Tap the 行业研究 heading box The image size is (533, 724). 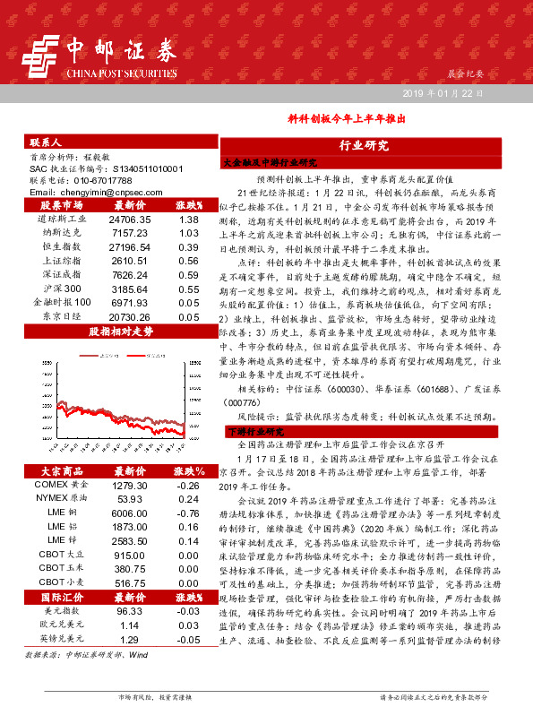[363, 146]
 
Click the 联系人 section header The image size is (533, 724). [45, 142]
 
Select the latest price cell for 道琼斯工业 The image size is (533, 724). [130, 219]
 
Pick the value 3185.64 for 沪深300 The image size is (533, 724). [130, 289]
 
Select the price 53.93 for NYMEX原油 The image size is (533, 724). [130, 498]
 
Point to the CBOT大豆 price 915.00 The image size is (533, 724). [130, 556]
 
